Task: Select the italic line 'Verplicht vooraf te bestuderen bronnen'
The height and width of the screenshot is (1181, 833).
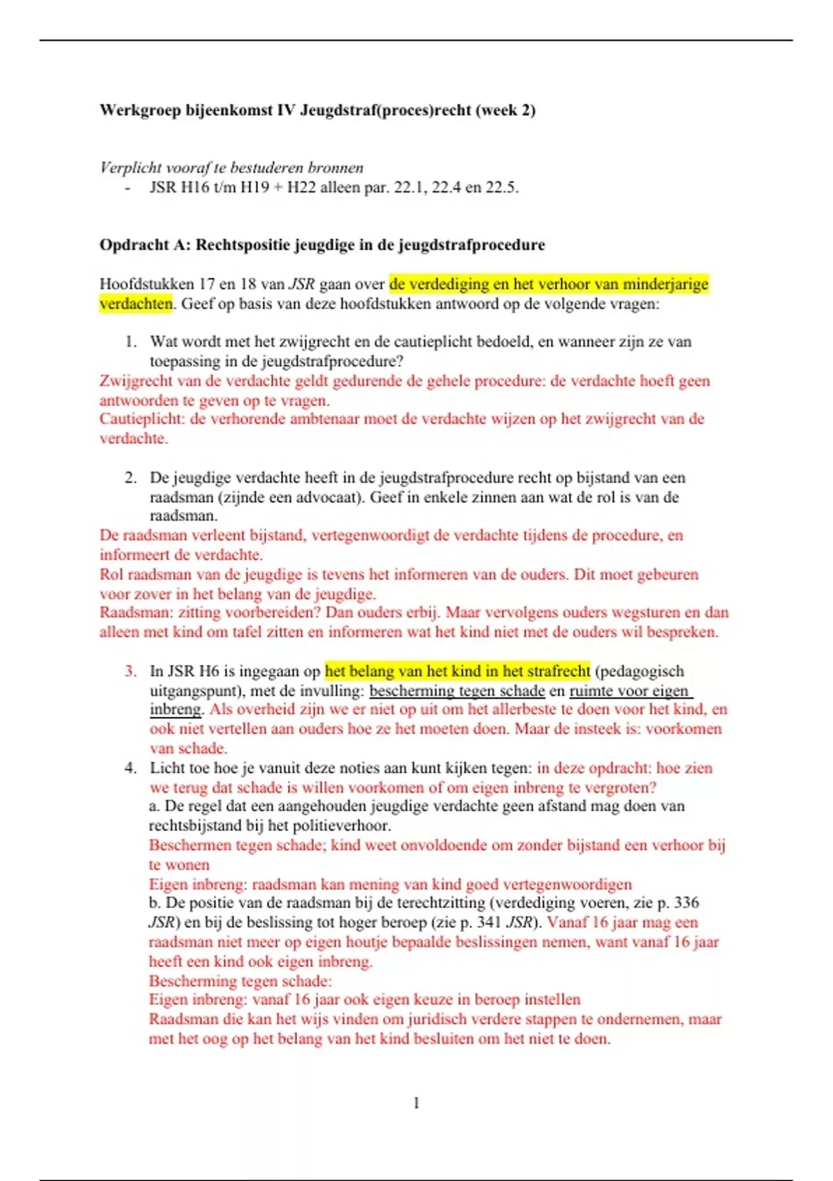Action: click(231, 167)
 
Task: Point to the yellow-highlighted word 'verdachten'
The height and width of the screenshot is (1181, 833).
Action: click(135, 304)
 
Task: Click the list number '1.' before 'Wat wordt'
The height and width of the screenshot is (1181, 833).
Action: click(131, 342)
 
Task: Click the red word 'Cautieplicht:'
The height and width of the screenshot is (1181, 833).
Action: click(142, 419)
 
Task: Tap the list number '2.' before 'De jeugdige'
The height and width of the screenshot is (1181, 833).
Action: click(131, 478)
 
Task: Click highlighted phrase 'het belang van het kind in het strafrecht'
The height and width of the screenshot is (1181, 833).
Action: click(457, 671)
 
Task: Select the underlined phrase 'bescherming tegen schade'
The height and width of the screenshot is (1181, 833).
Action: click(457, 691)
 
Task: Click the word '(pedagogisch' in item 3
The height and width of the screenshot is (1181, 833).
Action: click(639, 671)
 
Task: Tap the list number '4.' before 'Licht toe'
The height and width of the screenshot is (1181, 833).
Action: click(131, 768)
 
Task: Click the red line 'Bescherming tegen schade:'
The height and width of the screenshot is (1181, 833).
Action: click(240, 981)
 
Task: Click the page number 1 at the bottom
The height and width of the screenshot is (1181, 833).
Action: click(416, 1103)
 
